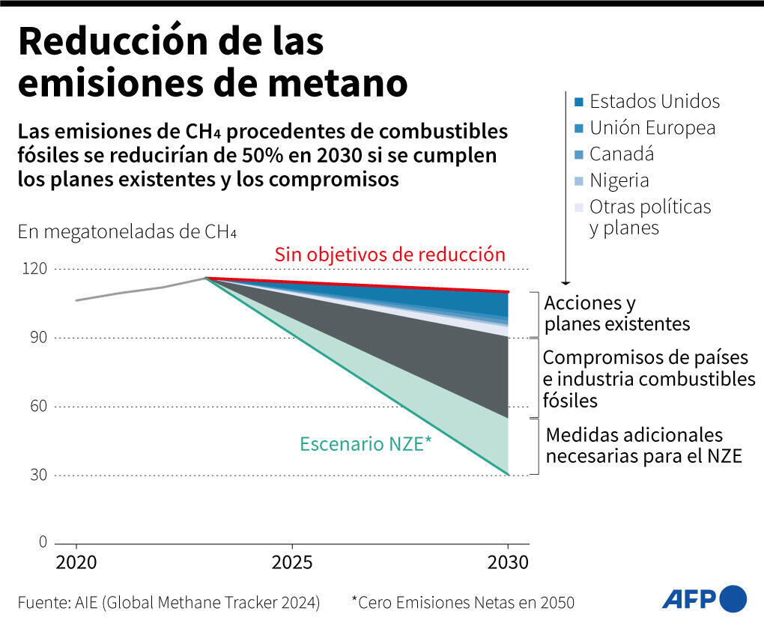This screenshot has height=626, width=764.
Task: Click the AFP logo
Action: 704,598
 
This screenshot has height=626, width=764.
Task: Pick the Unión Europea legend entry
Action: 644,128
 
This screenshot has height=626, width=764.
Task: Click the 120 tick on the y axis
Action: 38,269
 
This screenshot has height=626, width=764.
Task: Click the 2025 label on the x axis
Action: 291,562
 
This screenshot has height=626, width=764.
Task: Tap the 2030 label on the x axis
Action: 508,562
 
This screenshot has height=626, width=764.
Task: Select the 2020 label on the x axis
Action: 76,562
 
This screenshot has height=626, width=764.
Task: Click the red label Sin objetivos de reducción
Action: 389,255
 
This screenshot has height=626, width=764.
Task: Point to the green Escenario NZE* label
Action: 366,443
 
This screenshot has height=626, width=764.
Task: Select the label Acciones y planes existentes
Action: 616,314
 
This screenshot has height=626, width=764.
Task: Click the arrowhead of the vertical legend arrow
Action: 566,282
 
